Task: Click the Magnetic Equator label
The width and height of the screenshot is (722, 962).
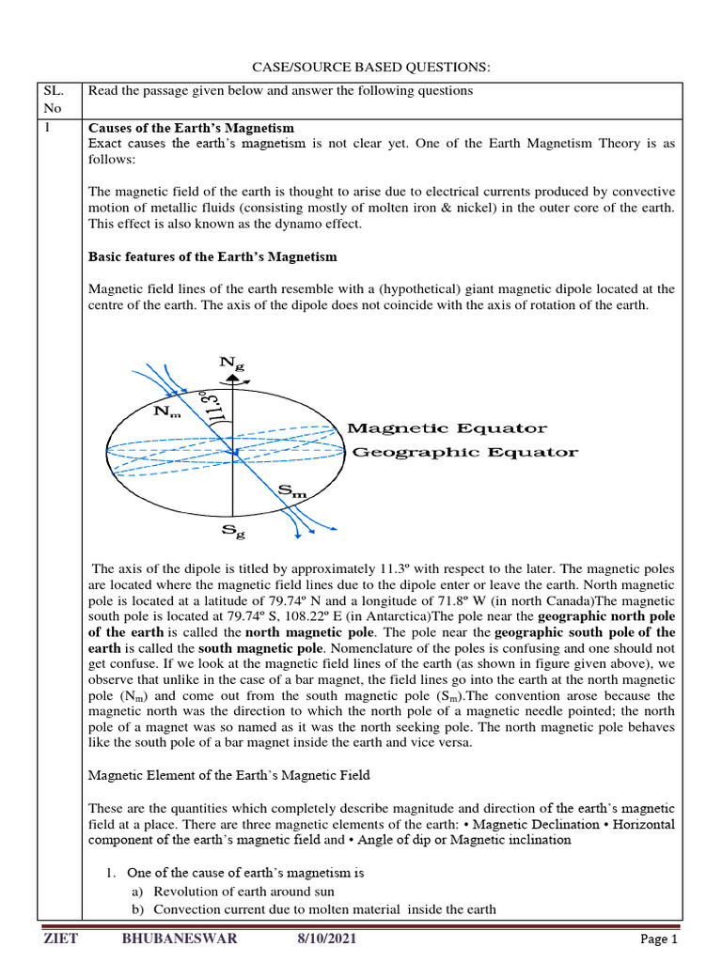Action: [447, 428]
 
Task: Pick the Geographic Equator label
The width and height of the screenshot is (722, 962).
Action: [464, 452]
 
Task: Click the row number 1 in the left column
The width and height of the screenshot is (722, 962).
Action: [48, 128]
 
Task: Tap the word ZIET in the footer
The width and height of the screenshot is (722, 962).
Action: [61, 939]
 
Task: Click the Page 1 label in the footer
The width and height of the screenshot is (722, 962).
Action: [658, 939]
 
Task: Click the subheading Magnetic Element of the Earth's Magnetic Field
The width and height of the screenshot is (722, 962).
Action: [228, 775]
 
